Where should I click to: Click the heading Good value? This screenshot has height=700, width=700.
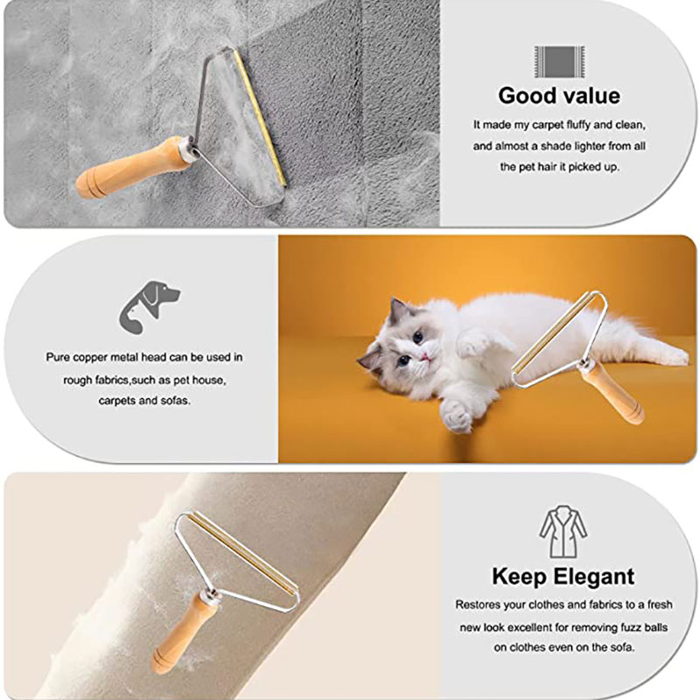558,95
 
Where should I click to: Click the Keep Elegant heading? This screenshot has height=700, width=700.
563,577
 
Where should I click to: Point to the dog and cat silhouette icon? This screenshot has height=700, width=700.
148,305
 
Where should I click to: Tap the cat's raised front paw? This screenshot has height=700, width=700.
457,415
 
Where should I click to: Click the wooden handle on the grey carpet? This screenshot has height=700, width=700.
131,167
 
